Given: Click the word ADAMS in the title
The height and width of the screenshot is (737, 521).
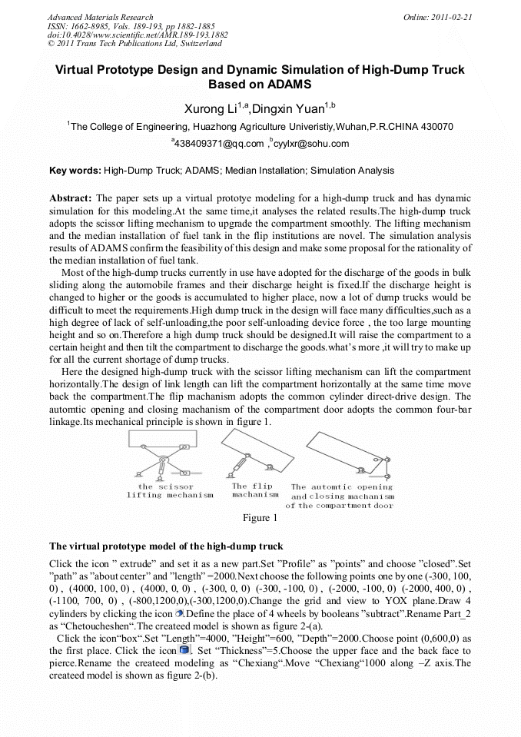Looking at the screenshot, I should pos(283,85).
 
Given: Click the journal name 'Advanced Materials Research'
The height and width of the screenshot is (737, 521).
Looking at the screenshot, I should pos(100,17).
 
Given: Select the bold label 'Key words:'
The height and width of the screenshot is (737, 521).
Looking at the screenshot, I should pos(75,171).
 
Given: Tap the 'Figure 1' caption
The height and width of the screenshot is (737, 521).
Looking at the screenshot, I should pos(260,518).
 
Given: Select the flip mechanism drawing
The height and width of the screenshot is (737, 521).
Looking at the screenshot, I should pos(251,453).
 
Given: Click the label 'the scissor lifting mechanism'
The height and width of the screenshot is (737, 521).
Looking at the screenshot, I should pos(170,491).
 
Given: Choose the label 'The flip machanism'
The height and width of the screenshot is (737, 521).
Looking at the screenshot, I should pos(254,490).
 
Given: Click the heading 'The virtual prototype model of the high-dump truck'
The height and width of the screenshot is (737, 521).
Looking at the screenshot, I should pos(166,546).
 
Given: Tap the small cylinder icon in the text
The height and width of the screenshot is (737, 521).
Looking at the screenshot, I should pos(178,613).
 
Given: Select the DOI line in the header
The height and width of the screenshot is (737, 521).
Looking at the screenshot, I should pos(138,35).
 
